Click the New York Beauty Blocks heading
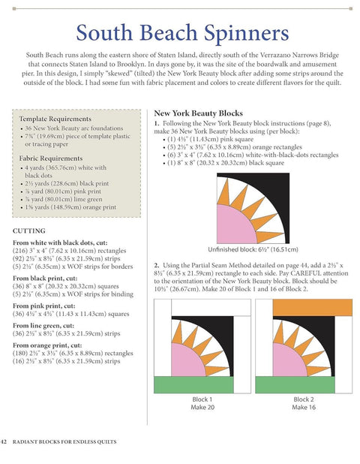(198, 110)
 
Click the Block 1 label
(202, 399)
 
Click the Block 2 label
(304, 399)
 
